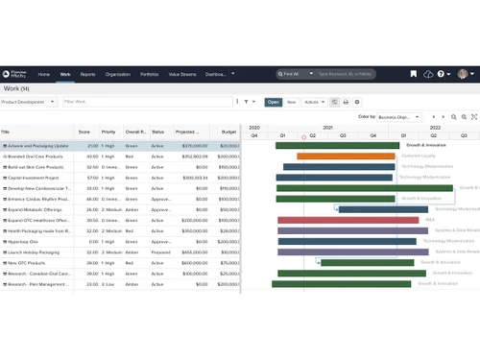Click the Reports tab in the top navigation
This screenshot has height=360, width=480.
[x=87, y=74]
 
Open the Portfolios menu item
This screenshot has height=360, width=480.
[x=149, y=74]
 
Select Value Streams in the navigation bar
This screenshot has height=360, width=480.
[x=182, y=74]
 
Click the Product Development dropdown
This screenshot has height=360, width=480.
[x=29, y=101]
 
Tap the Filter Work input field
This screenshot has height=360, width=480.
[x=144, y=101]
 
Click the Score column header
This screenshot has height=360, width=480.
[x=84, y=132]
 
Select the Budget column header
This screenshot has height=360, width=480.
[x=228, y=132]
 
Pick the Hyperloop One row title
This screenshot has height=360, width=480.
[x=25, y=242]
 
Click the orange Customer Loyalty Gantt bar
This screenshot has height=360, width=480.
[x=346, y=156]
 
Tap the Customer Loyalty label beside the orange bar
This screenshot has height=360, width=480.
[x=420, y=156]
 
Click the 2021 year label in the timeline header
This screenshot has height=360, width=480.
[x=327, y=126]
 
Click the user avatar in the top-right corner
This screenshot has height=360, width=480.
[x=462, y=74]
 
